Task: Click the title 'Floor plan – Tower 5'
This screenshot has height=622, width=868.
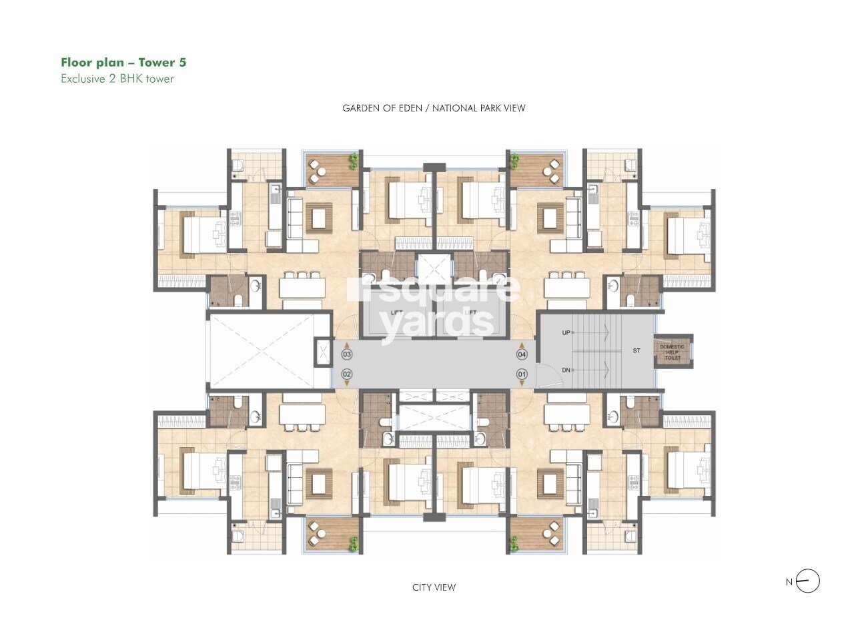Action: click(x=123, y=63)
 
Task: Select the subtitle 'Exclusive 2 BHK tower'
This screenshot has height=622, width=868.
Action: click(x=117, y=79)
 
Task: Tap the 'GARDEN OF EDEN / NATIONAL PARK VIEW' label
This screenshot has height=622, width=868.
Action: click(x=434, y=108)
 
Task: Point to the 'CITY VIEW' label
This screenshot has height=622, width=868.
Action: click(x=434, y=587)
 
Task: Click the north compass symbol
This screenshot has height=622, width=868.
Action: click(x=808, y=581)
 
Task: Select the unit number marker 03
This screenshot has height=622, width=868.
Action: click(x=347, y=354)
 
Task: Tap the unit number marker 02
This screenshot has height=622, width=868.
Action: click(x=347, y=374)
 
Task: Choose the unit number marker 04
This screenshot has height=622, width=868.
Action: click(x=522, y=354)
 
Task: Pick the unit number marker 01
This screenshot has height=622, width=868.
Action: click(x=522, y=374)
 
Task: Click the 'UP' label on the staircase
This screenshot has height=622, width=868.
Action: click(x=566, y=332)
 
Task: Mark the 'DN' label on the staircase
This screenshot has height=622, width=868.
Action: click(x=566, y=370)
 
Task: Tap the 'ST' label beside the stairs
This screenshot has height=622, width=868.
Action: click(x=636, y=350)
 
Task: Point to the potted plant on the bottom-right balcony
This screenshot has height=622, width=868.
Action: click(x=514, y=545)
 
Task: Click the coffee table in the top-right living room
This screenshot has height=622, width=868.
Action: click(x=551, y=217)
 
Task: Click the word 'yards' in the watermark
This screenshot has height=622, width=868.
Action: click(x=437, y=325)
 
